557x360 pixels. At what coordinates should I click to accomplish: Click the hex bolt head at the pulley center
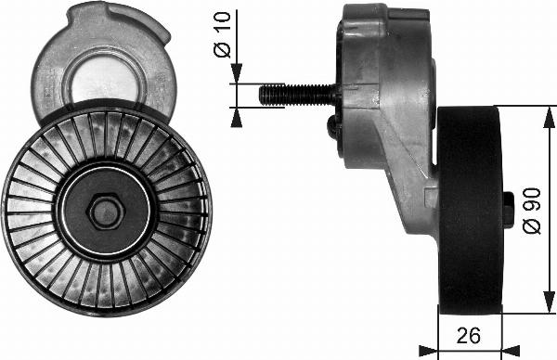[x=105, y=212]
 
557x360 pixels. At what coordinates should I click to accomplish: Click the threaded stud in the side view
[x=297, y=94]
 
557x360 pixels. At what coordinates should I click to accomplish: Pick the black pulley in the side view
[x=470, y=212]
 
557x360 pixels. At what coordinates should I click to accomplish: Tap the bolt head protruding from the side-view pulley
[x=508, y=209]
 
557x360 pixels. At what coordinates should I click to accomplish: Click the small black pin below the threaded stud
[x=333, y=128]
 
